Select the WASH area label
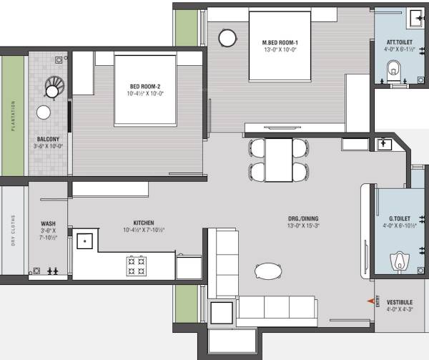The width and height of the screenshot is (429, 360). [x=49, y=223]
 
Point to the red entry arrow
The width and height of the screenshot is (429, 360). [x=370, y=301]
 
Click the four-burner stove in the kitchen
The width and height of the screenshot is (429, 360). [x=136, y=266]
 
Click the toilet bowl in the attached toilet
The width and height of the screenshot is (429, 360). [x=393, y=71]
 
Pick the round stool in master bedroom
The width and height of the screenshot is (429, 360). [x=227, y=38]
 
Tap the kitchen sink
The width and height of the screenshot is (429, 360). [x=87, y=241]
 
